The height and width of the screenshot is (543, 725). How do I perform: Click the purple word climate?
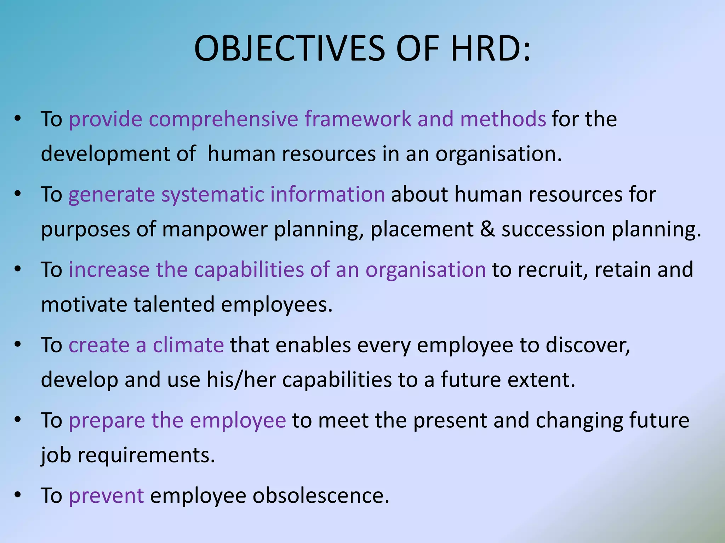[188, 345]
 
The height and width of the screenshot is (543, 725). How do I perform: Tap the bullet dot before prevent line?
[18, 495]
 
